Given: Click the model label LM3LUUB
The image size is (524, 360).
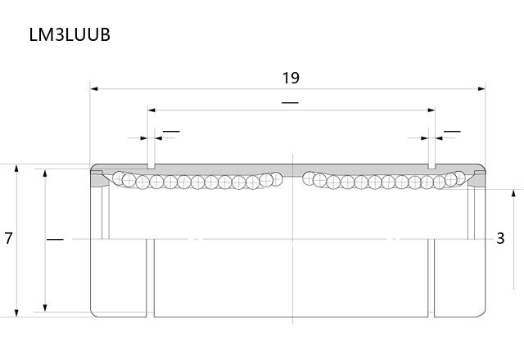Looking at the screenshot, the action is pos(70,34).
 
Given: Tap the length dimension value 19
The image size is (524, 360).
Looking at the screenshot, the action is pos(291,79).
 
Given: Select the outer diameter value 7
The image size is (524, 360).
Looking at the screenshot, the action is pos(8,238).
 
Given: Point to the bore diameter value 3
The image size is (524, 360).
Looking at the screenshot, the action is pos(500,238).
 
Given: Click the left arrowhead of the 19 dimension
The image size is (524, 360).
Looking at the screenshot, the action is pos(94,89).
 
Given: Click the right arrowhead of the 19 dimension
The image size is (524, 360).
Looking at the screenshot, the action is pos(481,89).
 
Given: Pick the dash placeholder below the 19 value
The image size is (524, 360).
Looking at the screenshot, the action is pos(290,103).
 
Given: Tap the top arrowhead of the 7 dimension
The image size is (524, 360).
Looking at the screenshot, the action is pos(16,168).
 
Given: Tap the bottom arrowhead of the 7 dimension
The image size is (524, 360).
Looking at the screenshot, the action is pos(16,313).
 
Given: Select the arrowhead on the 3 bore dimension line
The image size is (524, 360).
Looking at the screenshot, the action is pos(513,193).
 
